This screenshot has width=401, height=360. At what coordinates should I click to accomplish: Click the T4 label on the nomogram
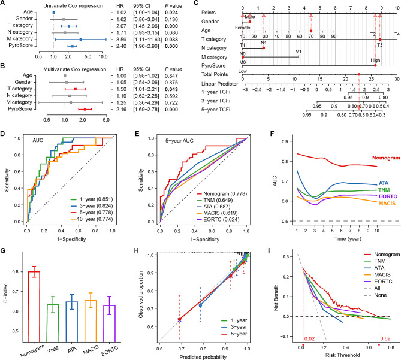pyautogui.click(x=396, y=35)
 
